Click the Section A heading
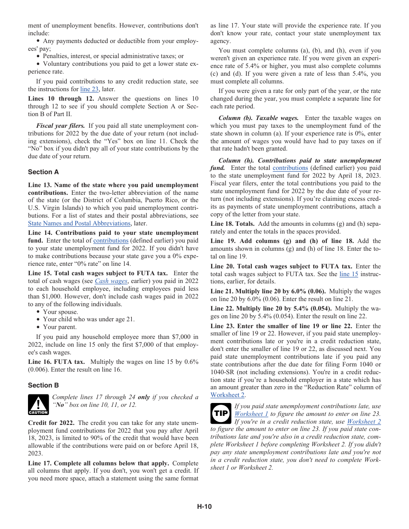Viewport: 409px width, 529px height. [x=43, y=172]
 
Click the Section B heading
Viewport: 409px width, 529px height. [x=43, y=385]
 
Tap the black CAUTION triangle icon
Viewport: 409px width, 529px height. [x=38, y=405]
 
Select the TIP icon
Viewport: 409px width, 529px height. [x=221, y=414]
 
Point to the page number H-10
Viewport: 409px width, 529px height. [x=204, y=507]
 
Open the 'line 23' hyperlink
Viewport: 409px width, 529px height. [x=90, y=89]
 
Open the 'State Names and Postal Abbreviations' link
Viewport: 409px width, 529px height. [x=79, y=223]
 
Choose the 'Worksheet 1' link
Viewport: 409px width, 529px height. [x=251, y=414]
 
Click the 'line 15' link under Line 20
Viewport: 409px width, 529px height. [x=349, y=274]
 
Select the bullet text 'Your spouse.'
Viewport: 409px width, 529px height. [x=61, y=312]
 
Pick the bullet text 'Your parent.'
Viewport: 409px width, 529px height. [x=60, y=327]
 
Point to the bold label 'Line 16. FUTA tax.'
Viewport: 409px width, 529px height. [x=56, y=362]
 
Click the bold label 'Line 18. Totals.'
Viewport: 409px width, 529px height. [x=232, y=224]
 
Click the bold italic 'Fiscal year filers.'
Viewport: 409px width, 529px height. [x=61, y=126]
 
